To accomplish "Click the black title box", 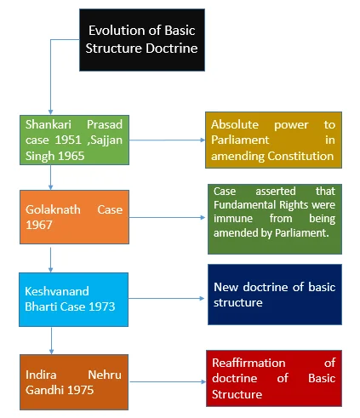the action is [142, 40].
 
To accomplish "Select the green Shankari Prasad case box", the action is [74, 140].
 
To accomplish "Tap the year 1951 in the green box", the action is [68, 140].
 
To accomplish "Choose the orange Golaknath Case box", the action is [74, 217].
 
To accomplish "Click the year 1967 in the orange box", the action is [39, 225].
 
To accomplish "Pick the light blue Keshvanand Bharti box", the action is [73, 300].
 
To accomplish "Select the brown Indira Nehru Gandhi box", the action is [74, 382].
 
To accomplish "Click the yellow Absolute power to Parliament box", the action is [273, 140].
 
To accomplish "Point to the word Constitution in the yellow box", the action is [300, 156].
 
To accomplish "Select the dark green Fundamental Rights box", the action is [275, 219].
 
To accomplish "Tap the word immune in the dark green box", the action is [233, 219].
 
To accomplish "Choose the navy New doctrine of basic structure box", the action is [275, 295].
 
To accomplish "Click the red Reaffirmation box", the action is [274, 378].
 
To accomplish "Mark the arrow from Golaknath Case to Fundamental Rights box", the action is [167, 218].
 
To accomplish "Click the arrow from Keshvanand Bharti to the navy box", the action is [166, 298].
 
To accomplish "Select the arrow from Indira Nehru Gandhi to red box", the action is [168, 382].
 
